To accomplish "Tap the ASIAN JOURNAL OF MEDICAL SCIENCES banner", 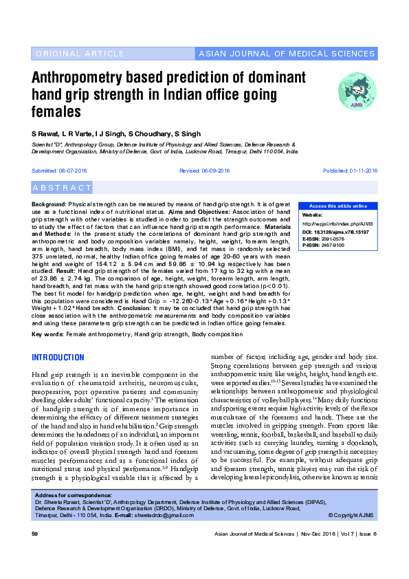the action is pyautogui.click(x=286, y=54).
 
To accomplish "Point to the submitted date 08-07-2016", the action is pyautogui.click(x=75, y=170).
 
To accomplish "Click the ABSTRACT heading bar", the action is pyautogui.click(x=63, y=188).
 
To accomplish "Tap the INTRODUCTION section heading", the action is pyautogui.click(x=58, y=358).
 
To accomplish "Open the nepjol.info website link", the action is pyautogui.click(x=338, y=223).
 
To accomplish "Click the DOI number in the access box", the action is pyautogui.click(x=345, y=233).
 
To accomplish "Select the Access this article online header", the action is pyautogui.click(x=338, y=206).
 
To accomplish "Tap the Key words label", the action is pyautogui.click(x=47, y=334).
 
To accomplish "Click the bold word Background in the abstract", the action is pyautogui.click(x=49, y=206).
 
